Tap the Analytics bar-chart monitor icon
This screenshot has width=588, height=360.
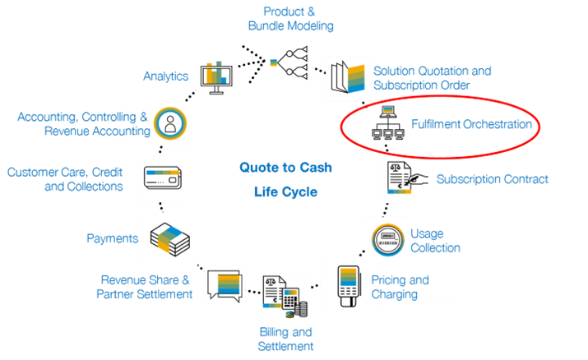point(215,77)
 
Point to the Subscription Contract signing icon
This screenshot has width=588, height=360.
point(408,180)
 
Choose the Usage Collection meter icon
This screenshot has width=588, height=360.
point(387,239)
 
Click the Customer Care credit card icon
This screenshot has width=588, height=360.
point(162,178)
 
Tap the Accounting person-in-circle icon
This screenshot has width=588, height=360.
point(169,123)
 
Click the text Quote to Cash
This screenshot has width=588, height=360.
point(285,167)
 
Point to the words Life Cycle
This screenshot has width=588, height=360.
point(285,192)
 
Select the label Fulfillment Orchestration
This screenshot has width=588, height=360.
point(471,126)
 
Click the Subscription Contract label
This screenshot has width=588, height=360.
point(492,178)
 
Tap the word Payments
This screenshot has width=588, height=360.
point(112,238)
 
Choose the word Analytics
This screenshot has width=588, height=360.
point(166,76)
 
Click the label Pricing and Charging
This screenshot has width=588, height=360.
point(400,286)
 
